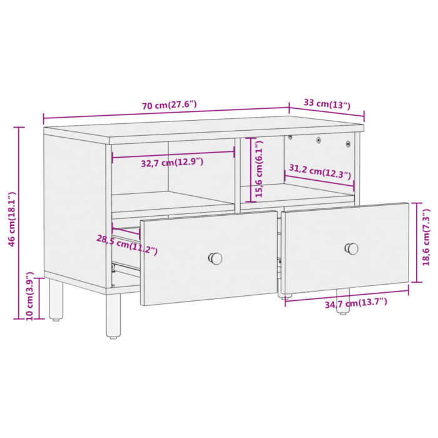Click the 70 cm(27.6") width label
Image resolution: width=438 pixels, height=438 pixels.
click(x=169, y=105)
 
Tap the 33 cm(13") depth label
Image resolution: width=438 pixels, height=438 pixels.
click(x=327, y=104)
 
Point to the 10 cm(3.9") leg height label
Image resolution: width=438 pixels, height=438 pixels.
click(x=29, y=295)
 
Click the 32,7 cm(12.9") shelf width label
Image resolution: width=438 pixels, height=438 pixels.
click(x=172, y=162)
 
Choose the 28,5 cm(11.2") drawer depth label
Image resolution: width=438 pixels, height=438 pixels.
click(x=126, y=245)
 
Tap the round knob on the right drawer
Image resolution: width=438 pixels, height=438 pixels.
click(x=352, y=248)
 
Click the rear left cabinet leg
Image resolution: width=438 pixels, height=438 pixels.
click(x=56, y=299)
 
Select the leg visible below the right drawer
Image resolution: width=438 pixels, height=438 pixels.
click(x=342, y=302)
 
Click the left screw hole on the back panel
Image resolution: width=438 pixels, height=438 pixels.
click(x=290, y=136)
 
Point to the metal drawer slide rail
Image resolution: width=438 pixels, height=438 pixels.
click(x=125, y=268)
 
